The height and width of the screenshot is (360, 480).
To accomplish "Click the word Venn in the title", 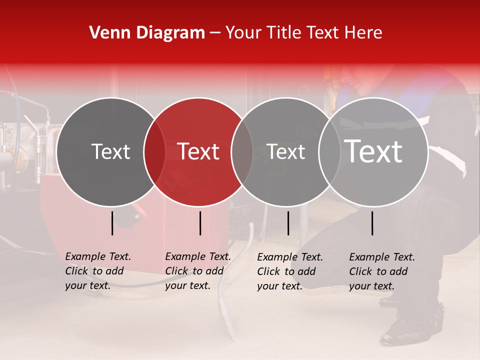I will click(x=106, y=33).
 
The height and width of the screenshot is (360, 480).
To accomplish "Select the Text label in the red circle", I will click(x=198, y=151).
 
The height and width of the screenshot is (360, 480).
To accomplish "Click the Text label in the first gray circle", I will click(x=110, y=151).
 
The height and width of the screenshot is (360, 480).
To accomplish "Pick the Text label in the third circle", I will click(x=285, y=151).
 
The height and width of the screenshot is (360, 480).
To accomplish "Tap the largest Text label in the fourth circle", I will click(x=373, y=151).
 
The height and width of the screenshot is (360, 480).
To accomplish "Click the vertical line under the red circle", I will click(x=200, y=223).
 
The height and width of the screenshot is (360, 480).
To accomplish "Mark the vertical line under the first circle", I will click(x=112, y=223).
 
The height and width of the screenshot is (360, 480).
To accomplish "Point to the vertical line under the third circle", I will click(x=288, y=223).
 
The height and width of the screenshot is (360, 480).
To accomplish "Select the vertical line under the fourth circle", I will click(x=372, y=223).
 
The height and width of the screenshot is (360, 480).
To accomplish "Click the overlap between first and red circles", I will click(x=154, y=152).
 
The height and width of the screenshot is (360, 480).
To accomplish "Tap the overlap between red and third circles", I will click(x=242, y=152).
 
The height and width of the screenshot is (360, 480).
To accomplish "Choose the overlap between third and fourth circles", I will click(x=329, y=152).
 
